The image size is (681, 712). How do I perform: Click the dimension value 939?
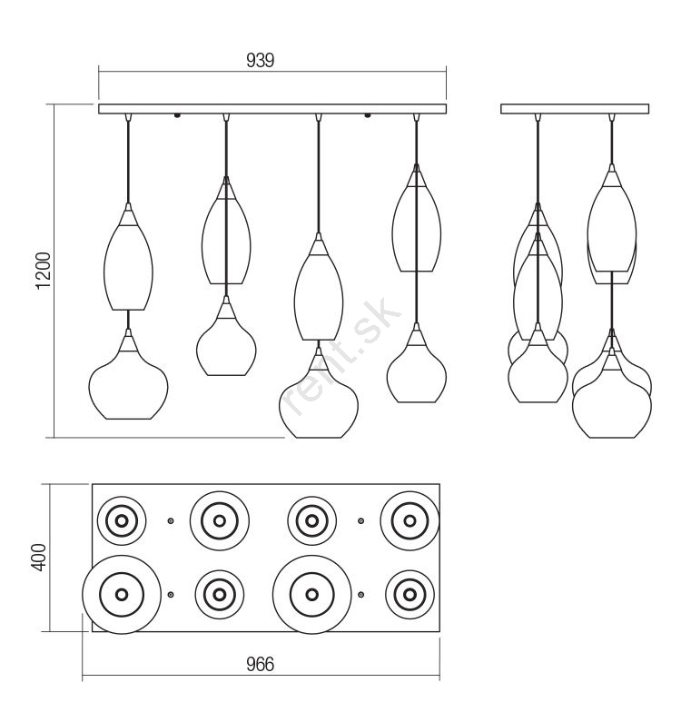point(260,60)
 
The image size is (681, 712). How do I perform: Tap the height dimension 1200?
point(44,271)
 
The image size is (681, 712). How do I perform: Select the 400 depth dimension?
point(39,558)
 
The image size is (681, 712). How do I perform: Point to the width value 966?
point(260,665)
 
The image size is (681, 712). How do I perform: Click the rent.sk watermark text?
point(340,356)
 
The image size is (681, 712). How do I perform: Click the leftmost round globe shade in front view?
point(128,374)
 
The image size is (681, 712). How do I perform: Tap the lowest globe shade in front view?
point(318,392)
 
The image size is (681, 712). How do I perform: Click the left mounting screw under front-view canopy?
point(177,116)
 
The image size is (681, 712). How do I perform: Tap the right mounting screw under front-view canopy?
point(367,116)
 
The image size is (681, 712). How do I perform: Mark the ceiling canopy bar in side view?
point(575,109)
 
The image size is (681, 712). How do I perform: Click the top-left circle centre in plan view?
point(122,521)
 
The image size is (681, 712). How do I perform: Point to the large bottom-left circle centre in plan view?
point(122,594)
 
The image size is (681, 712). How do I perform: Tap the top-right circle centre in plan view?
point(410,521)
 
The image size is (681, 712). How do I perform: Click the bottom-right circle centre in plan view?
point(410,594)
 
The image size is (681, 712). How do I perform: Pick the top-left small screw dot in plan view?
point(171,521)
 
